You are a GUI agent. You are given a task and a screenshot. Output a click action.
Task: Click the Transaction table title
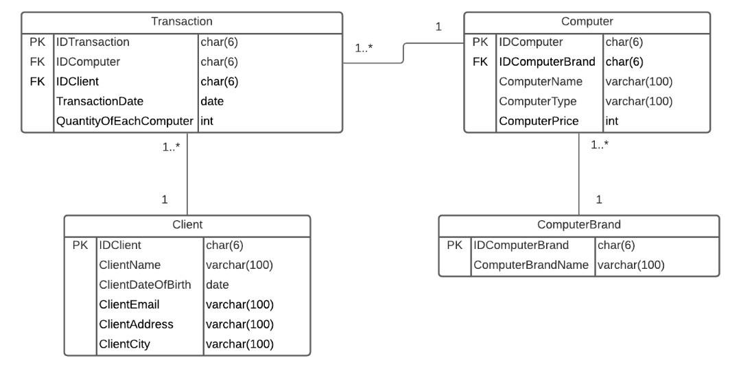pos(182,22)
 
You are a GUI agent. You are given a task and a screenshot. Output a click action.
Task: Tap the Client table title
pos(187,224)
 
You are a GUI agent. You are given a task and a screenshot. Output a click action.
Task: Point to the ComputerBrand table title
pos(579,224)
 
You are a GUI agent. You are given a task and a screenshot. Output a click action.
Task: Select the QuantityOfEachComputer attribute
pos(124,121)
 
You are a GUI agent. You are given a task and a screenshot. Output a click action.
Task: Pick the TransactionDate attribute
pos(100,102)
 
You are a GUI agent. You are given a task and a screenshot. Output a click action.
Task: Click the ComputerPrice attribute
pos(539,121)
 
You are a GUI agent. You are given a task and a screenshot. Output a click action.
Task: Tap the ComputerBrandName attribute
pos(532,265)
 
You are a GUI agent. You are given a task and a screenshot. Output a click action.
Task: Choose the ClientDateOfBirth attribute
pos(145,284)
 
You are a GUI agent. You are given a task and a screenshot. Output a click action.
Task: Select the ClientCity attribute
pos(124,344)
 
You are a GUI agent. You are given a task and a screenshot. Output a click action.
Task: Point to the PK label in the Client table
pos(80,244)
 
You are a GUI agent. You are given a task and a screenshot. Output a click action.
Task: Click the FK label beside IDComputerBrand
pos(480,62)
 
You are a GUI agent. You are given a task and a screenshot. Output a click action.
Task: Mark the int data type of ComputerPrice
pos(612,121)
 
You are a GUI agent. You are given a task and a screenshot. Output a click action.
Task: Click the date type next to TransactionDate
pos(211,102)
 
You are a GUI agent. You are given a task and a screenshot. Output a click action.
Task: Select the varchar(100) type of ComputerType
pos(638,101)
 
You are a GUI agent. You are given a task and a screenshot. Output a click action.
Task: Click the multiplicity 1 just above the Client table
pos(165,200)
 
